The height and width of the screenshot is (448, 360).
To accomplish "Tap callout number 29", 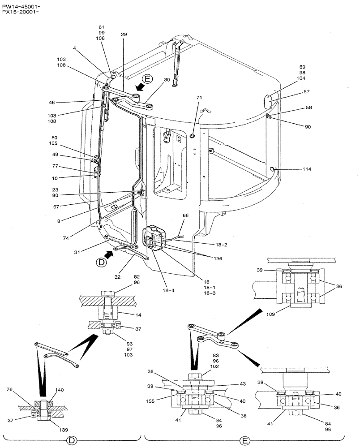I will pos(124,34).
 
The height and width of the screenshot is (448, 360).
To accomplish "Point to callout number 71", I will pos(200,97).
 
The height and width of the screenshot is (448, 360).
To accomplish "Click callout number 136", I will pos(217,258).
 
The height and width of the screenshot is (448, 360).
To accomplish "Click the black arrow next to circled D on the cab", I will pos(108,254).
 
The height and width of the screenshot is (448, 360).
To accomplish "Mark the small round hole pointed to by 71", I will pos(192,136).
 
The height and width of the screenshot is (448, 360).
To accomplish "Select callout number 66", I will pos(185,215).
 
